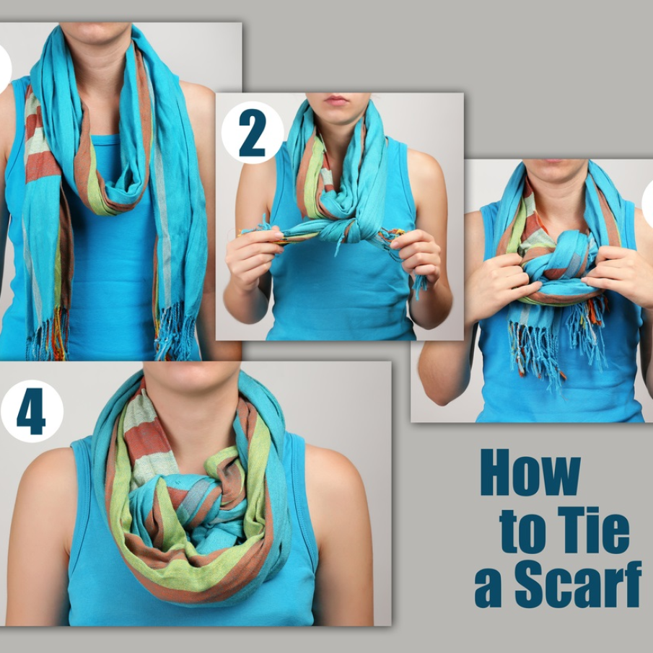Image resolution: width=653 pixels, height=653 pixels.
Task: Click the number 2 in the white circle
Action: pos(253,133)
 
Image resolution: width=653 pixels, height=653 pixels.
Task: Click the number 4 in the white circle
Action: pos(31,411)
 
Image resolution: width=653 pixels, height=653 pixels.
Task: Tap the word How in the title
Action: pos(530,473)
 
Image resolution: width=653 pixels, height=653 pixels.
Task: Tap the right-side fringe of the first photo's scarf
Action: pos(175,333)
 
